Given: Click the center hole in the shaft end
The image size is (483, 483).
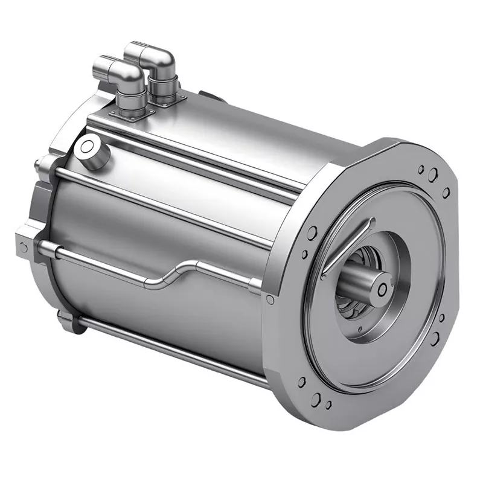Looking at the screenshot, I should click(382, 290).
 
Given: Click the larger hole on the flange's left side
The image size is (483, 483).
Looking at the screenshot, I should click(312, 233).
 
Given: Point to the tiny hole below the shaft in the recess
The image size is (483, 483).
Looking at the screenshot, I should click(360, 330).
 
